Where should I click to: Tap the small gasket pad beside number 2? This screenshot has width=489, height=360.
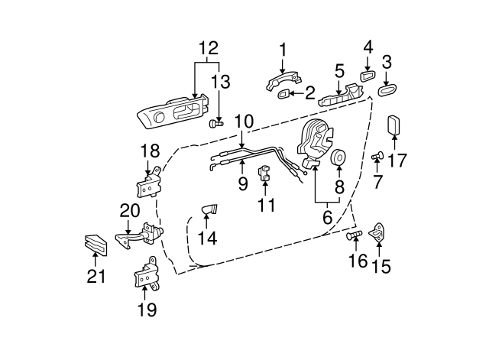[x=282, y=95]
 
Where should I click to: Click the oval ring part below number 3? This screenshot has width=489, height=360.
[x=386, y=91]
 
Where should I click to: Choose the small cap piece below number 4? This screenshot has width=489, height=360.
[x=366, y=76]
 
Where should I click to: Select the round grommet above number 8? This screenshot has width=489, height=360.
[x=338, y=159]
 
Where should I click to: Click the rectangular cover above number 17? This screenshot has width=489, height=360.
[x=394, y=125]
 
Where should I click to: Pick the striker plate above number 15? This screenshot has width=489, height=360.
[x=380, y=231]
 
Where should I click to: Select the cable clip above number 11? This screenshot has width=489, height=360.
[x=264, y=174]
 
